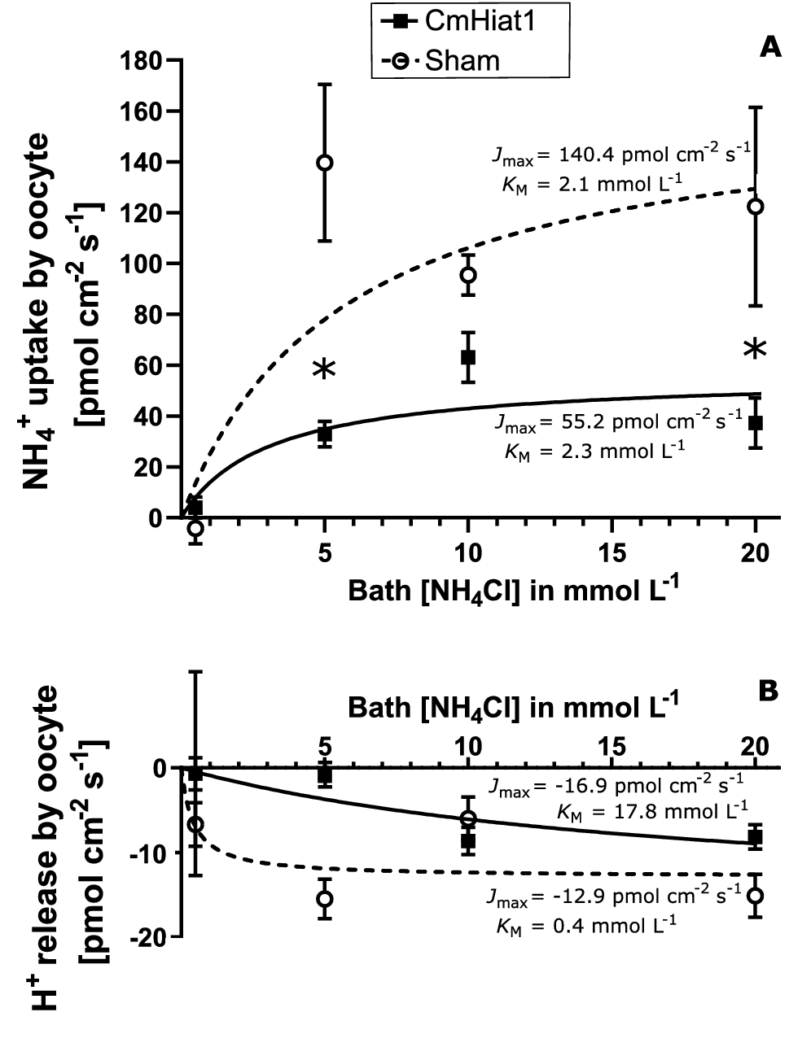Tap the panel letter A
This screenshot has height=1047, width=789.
[x=769, y=48]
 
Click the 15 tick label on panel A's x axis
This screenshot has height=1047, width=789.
[x=611, y=554]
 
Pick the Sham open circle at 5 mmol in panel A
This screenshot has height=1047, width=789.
[x=325, y=163]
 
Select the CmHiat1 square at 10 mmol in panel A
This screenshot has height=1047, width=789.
[x=468, y=357]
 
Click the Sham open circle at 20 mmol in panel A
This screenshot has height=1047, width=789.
[x=756, y=207]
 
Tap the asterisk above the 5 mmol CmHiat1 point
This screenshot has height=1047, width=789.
[x=324, y=369]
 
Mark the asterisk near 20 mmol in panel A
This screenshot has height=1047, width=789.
[x=756, y=350]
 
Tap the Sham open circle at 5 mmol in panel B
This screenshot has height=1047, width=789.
[x=325, y=899]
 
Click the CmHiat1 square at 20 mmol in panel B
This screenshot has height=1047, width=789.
[x=756, y=836]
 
